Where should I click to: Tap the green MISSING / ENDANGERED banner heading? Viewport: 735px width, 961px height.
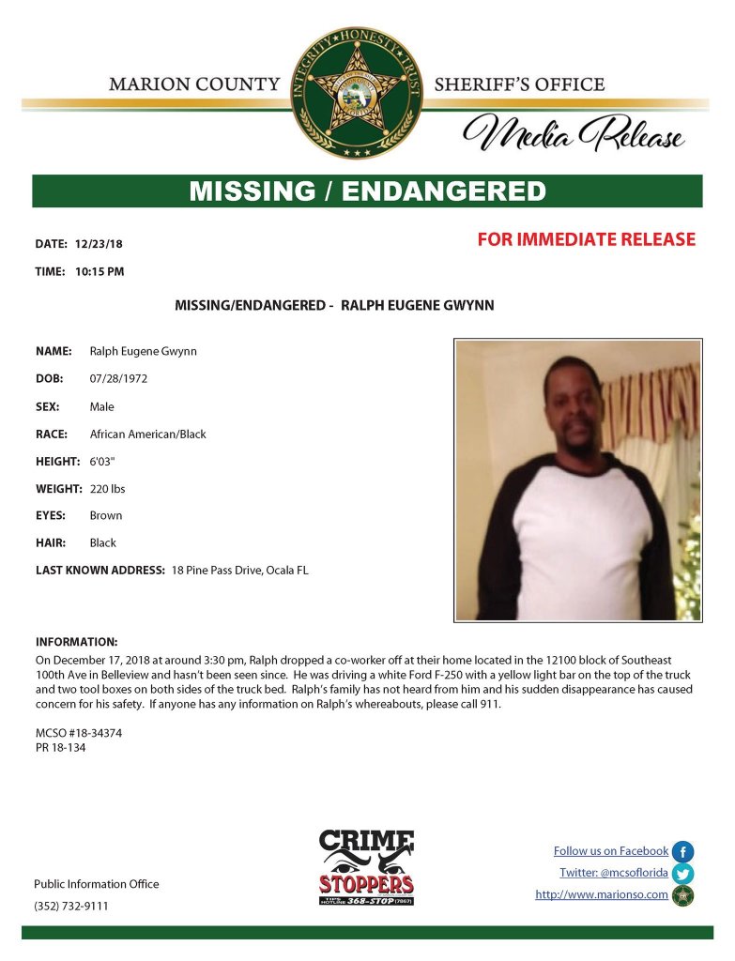pos(367,191)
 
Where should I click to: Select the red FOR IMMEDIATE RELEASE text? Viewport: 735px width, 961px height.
pos(586,239)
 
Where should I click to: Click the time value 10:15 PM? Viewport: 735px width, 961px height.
pos(100,272)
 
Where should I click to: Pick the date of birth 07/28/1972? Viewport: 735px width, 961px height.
pos(118,379)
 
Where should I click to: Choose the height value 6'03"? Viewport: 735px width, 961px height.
pos(106,462)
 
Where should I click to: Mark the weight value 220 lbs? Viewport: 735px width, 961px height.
pos(107,489)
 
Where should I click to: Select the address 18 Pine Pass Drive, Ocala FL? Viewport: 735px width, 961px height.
pos(239,571)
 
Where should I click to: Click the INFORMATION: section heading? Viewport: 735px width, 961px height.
pos(76,642)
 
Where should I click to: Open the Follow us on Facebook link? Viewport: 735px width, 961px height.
pos(610,851)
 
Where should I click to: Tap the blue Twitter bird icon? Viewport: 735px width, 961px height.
pos(682,874)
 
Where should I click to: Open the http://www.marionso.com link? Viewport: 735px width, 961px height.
pos(601,895)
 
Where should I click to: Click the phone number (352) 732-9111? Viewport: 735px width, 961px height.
pos(70,907)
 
